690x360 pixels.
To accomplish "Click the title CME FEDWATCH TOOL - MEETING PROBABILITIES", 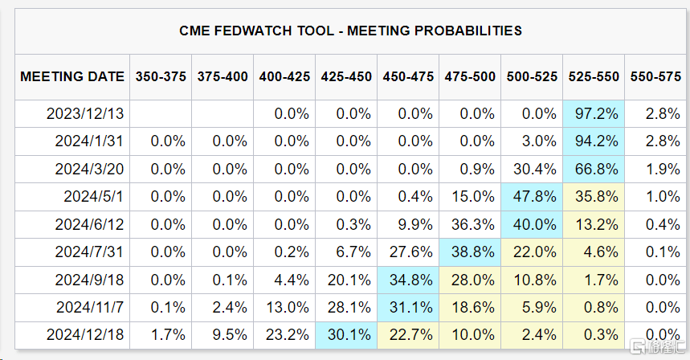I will click(x=350, y=31).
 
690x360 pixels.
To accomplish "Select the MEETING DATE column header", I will click(x=72, y=77).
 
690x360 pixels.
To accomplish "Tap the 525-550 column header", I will click(x=594, y=77).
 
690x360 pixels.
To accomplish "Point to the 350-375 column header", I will click(x=161, y=77).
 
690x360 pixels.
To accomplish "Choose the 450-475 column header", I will click(x=409, y=77).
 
